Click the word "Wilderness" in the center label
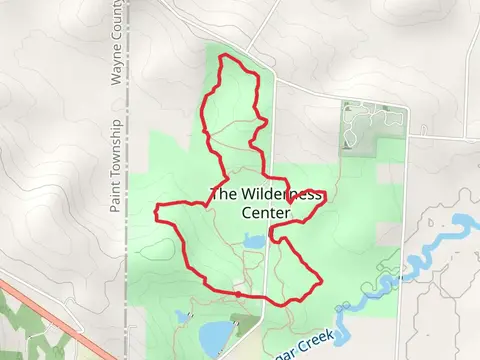(x=285, y=195)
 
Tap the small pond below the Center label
(x=255, y=241)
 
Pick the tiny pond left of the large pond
(x=181, y=316)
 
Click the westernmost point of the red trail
(x=156, y=211)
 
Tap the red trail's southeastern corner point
(x=320, y=281)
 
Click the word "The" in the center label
(x=223, y=195)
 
